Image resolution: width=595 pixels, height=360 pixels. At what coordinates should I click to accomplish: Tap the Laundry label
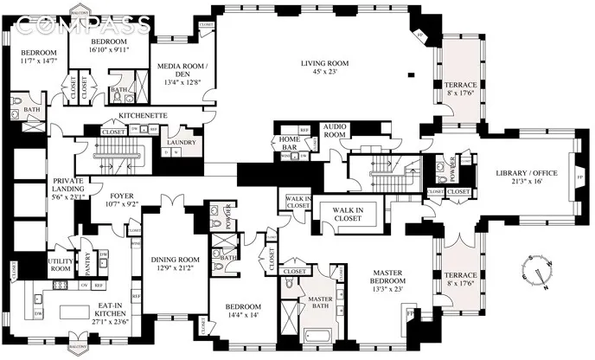182,143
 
